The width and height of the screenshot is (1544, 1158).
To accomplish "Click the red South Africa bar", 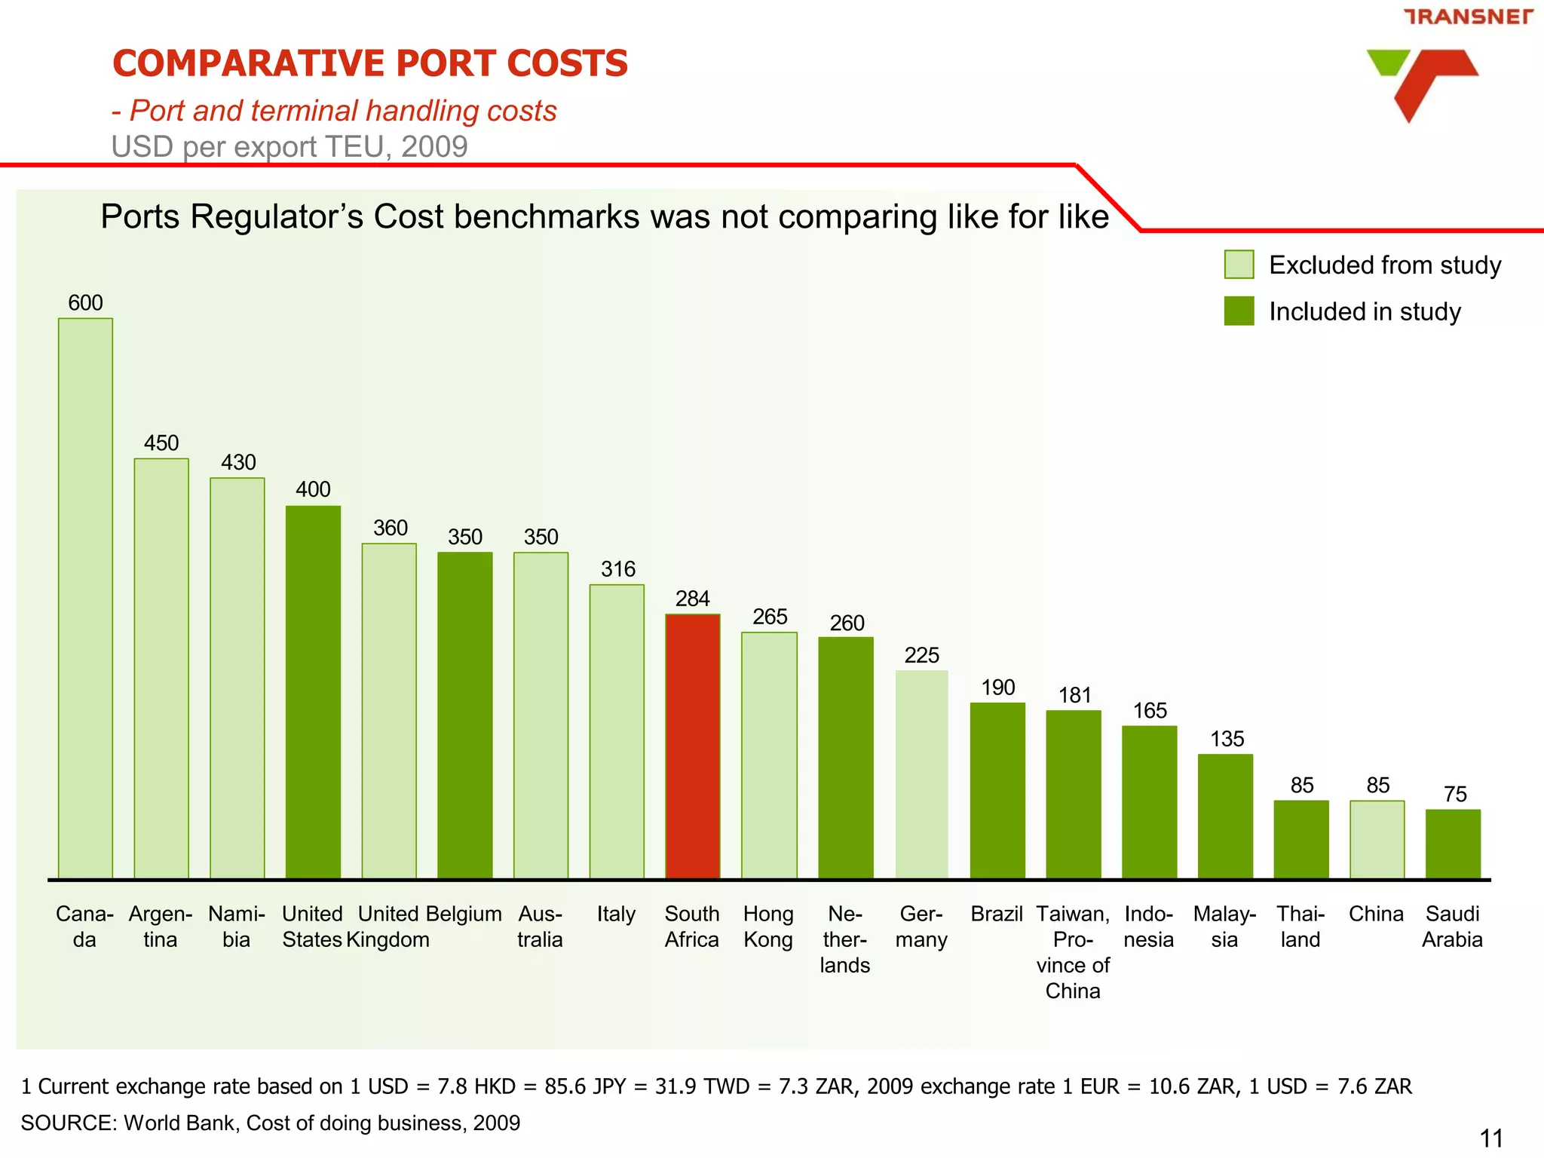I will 692,746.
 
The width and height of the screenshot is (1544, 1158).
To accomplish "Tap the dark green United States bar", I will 313,692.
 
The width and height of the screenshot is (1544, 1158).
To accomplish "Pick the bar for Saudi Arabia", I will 1453,844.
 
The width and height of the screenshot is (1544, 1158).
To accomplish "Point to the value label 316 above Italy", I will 617,569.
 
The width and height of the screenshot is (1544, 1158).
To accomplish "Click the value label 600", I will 85,303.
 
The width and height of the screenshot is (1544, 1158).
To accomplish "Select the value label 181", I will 1074,695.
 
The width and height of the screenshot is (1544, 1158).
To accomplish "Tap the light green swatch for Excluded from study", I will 1239,265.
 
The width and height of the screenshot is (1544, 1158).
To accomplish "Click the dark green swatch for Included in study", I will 1239,311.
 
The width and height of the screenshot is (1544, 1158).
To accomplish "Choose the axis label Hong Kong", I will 767,927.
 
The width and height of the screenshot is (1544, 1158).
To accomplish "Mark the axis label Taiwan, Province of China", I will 1073,952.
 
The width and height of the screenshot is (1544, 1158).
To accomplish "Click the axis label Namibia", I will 237,927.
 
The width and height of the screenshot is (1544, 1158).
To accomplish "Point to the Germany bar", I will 921,774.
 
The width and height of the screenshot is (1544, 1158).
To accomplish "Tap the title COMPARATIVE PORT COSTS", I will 369,63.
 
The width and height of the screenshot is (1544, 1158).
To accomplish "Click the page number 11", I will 1490,1138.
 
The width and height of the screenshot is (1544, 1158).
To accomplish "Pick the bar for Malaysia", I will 1225,816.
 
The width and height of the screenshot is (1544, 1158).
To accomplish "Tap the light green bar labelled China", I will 1377,839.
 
